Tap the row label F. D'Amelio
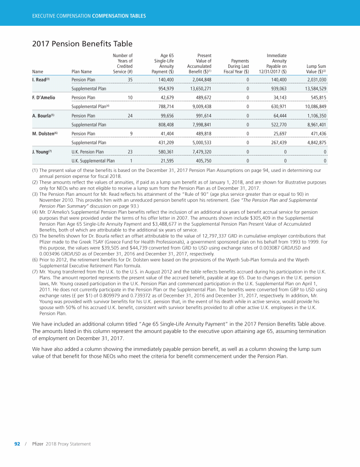pyautogui.click(x=44, y=97)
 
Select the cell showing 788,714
pyautogui.click(x=165, y=106)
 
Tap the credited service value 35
pyautogui.click(x=130, y=80)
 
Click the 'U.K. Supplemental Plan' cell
pyautogui.click(x=93, y=161)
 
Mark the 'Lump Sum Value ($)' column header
pyautogui.click(x=315, y=69)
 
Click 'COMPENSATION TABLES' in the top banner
pyautogui.click(x=119, y=16)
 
